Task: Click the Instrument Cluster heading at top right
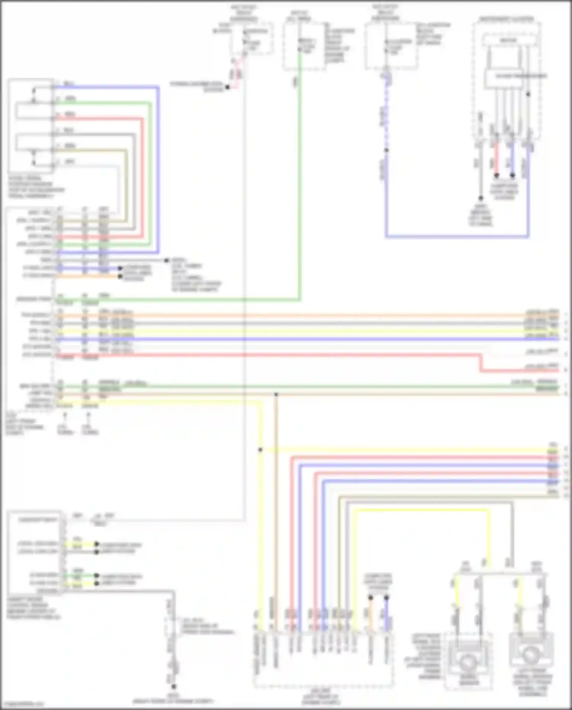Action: (507, 19)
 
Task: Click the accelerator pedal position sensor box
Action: (31, 126)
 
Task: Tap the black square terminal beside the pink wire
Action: (227, 87)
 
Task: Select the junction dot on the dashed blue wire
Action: (386, 150)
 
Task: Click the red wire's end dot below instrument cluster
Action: (496, 175)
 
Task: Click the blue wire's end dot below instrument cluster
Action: (513, 175)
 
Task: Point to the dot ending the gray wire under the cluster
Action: (480, 198)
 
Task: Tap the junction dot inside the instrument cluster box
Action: (528, 94)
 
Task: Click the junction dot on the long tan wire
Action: (276, 394)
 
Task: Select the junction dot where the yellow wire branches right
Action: (260, 450)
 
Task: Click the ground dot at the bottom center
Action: (174, 686)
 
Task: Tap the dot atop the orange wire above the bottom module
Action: (370, 597)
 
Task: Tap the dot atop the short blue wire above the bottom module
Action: (386, 597)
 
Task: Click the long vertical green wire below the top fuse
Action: (300, 172)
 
